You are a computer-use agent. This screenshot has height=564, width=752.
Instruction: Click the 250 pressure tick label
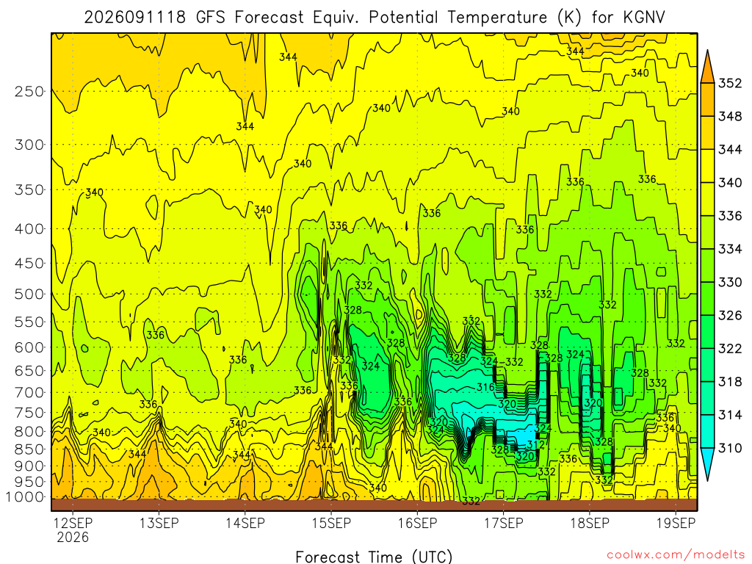29,91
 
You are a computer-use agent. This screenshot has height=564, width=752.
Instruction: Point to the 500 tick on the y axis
29,294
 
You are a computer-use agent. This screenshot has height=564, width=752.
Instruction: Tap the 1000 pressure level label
25,497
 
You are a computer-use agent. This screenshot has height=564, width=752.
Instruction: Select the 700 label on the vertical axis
29,393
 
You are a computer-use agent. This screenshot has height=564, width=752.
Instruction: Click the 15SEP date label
331,523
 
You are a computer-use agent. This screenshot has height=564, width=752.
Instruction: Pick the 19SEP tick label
676,523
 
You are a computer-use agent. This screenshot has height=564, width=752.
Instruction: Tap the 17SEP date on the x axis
504,523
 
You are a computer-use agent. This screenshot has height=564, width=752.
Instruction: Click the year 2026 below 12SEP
73,537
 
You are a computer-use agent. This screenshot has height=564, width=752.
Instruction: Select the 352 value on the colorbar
730,84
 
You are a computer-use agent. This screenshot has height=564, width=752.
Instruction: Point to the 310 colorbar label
730,448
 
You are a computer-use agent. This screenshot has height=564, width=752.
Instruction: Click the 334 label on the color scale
730,249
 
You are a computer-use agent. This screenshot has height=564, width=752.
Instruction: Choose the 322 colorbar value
730,349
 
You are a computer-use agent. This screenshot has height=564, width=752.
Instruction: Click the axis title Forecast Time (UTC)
374,557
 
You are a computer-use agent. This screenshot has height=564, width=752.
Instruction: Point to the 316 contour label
485,387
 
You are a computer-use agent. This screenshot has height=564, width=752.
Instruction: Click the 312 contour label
535,444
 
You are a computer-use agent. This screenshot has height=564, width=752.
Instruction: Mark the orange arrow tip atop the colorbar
707,51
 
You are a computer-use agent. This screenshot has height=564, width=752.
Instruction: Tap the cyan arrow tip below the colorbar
707,480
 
